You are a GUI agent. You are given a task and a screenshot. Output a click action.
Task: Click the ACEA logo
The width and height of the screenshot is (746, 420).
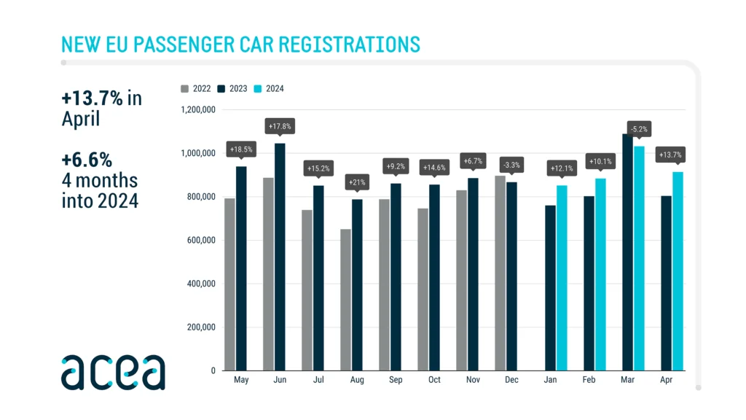point(113,372)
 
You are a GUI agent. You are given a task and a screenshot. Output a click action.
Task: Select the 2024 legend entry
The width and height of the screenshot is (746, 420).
point(269,89)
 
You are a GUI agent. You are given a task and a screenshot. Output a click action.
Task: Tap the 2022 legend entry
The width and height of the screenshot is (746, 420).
point(196,89)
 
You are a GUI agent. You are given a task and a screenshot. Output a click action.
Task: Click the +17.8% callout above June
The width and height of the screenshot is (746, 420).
point(280,127)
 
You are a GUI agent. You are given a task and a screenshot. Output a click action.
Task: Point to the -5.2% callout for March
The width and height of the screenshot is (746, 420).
point(639,129)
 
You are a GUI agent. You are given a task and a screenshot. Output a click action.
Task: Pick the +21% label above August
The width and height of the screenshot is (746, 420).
point(356,182)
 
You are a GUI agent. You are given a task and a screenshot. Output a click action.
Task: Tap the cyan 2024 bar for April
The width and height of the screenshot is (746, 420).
point(678,271)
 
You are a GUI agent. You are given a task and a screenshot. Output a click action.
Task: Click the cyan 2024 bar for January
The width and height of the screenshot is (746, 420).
point(562,278)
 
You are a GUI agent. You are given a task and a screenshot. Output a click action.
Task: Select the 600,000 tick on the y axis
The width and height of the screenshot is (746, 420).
point(198,240)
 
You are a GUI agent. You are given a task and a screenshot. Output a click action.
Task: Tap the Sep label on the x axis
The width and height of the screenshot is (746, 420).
point(395,381)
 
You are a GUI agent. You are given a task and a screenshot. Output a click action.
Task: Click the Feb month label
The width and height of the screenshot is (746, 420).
point(588,381)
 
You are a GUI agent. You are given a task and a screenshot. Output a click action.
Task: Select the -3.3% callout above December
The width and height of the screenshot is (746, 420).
point(511,166)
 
